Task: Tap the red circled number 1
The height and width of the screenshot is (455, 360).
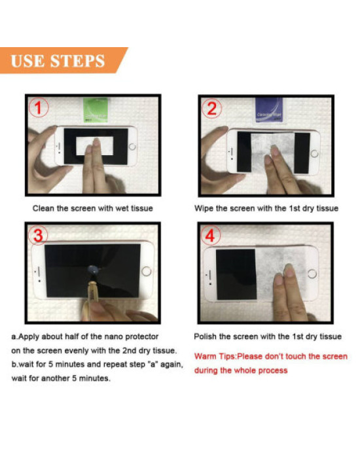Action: [39, 107]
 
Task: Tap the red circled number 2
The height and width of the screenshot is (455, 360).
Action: [212, 108]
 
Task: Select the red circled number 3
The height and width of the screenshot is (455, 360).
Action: [38, 235]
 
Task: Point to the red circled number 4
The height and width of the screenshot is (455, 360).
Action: [210, 235]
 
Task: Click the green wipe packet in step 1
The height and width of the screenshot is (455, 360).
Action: [96, 110]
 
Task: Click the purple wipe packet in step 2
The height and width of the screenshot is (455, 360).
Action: [269, 110]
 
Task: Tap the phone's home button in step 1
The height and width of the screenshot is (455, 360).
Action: [132, 146]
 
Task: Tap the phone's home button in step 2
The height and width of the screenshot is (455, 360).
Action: [314, 153]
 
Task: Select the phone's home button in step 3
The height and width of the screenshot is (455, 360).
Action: [146, 271]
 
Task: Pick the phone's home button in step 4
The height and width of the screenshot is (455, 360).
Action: [312, 274]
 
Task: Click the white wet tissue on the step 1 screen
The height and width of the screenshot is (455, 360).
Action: [94, 146]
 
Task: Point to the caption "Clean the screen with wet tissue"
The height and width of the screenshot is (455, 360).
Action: [92, 208]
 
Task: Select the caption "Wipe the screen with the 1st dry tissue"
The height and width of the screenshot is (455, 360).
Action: [266, 208]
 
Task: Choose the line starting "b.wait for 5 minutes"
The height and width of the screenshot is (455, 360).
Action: [97, 365]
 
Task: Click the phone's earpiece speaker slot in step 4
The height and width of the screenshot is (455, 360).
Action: [209, 275]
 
